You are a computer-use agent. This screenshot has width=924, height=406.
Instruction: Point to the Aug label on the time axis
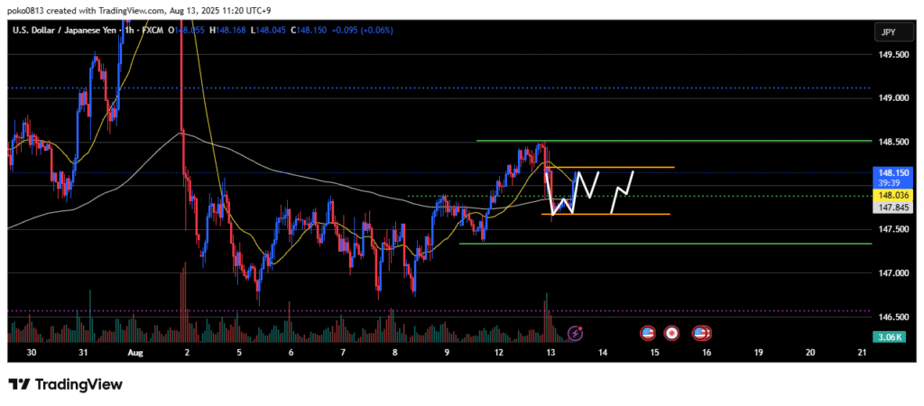pyautogui.click(x=135, y=353)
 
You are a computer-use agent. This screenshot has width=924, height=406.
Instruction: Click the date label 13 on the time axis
pyautogui.click(x=550, y=353)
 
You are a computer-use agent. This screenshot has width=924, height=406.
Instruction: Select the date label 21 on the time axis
pyautogui.click(x=862, y=353)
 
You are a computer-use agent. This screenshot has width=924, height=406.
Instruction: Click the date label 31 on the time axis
pyautogui.click(x=82, y=353)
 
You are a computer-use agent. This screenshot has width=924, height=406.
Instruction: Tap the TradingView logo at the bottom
pyautogui.click(x=66, y=384)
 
